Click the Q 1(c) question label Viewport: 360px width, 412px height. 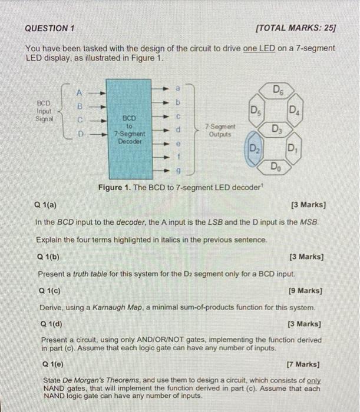pyautogui.click(x=50, y=290)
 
